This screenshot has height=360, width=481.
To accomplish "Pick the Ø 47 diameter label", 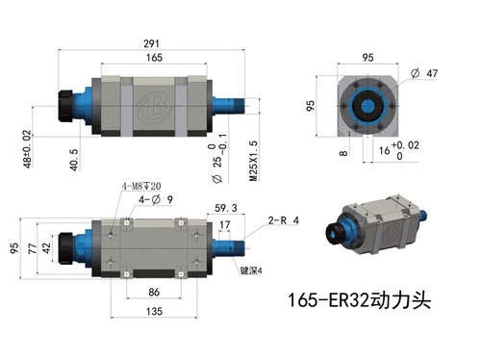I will click(430, 73).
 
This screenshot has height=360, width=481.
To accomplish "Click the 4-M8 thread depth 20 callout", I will click(141, 186).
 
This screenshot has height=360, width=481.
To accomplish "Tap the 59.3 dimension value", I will click(226, 208).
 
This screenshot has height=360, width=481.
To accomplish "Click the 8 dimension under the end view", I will click(342, 152).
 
